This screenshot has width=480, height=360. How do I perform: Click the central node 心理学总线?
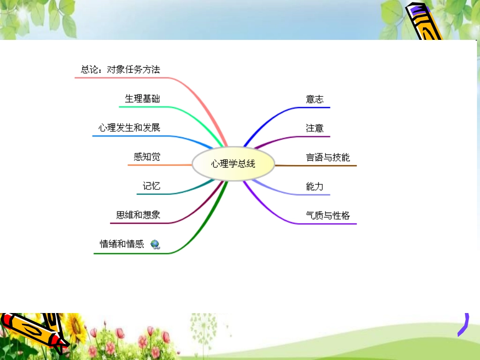233,164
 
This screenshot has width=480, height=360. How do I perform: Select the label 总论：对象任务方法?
120,70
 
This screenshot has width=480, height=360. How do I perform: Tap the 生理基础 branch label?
142,98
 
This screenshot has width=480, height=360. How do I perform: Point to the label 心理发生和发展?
129,128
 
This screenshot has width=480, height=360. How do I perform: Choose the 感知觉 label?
147,157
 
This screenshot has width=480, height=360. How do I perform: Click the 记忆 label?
152,186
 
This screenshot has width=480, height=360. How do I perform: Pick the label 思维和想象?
138,215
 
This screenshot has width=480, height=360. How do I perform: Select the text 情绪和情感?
122,244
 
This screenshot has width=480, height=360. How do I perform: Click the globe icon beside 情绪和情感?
155,244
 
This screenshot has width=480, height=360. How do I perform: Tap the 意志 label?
314,99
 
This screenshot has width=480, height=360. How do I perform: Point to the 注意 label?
314,128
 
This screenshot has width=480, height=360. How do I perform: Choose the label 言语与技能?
327,158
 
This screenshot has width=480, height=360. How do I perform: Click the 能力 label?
314,187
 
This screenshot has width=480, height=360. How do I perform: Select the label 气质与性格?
327,216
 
